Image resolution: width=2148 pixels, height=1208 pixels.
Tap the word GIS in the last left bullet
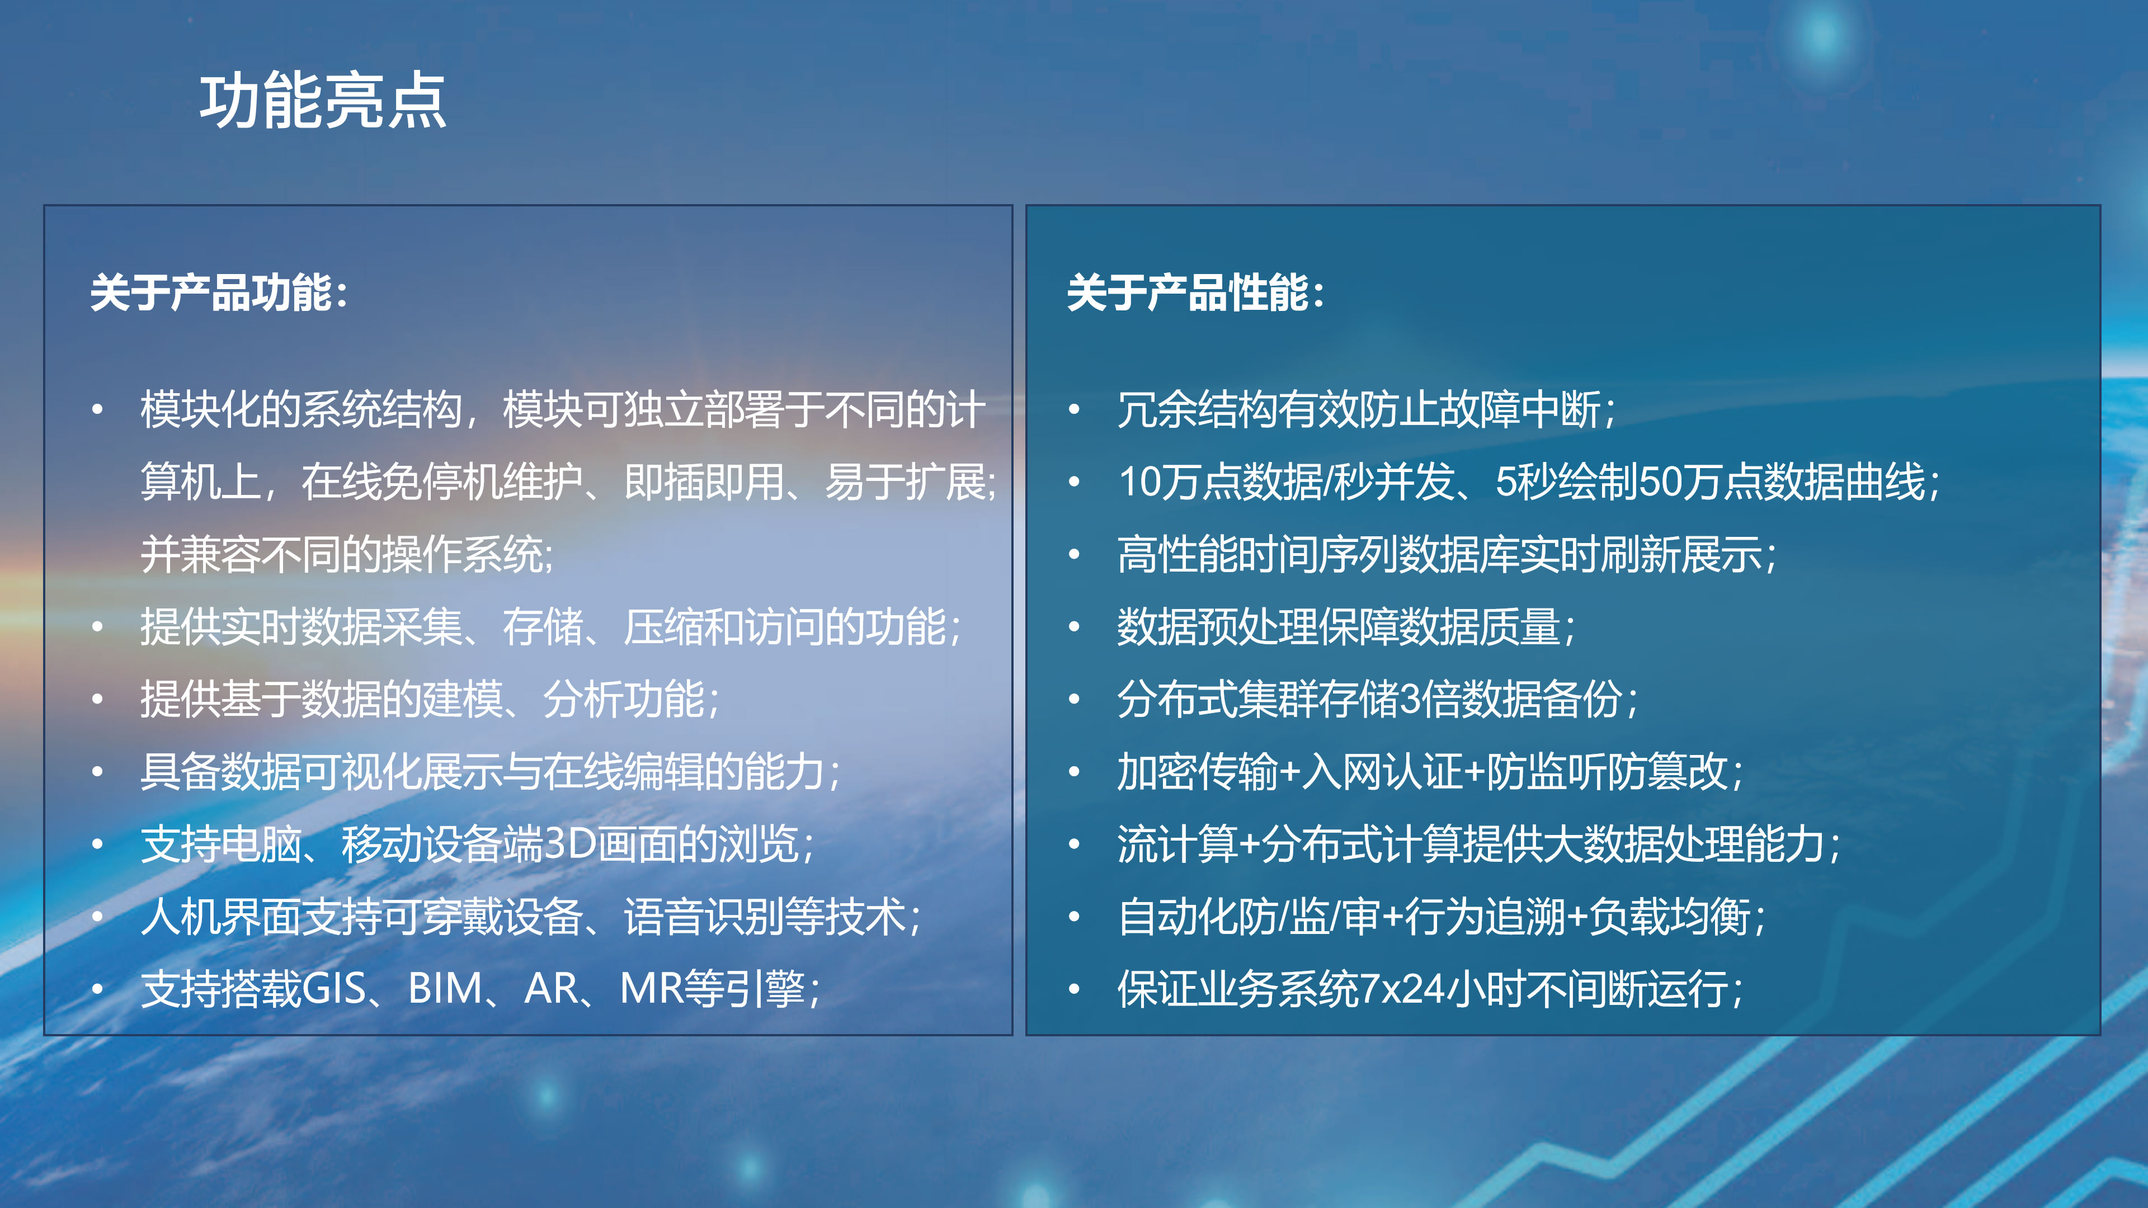333,989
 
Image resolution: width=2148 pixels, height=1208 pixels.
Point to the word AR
551,989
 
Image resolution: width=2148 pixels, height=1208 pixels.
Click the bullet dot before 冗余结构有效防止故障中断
1075,409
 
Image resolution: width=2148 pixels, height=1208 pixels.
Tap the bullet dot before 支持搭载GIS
97,989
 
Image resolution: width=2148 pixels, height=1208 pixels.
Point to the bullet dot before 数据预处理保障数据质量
1075,627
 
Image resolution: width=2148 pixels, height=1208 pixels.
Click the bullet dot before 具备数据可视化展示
97,772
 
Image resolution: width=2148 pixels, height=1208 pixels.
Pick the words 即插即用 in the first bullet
704,482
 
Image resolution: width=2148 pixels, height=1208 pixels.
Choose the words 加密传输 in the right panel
1198,771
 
